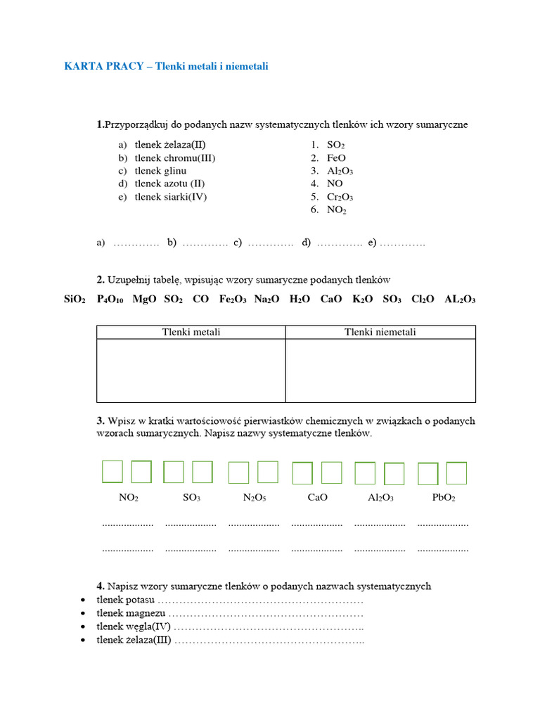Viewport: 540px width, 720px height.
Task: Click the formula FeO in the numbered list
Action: (x=336, y=158)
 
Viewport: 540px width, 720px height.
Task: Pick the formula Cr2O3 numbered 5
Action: (x=340, y=197)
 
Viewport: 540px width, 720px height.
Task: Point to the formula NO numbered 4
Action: (x=335, y=184)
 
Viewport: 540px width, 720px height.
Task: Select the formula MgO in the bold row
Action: (x=144, y=299)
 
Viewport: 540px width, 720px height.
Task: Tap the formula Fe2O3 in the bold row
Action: (x=233, y=299)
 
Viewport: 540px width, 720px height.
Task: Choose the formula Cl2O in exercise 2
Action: (x=423, y=299)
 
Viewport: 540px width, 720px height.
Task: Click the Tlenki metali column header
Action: (x=191, y=332)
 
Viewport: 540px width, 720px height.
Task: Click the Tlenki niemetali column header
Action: (x=380, y=332)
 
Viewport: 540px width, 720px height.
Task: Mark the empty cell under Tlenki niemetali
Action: (x=380, y=371)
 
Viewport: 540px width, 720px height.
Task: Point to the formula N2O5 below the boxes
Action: (x=255, y=497)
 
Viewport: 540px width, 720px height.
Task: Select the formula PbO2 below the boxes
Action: (x=444, y=497)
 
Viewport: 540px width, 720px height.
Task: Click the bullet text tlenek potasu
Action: (x=125, y=600)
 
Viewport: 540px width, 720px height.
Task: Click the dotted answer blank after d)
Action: (x=339, y=243)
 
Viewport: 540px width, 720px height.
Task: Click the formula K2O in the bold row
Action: (x=363, y=299)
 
